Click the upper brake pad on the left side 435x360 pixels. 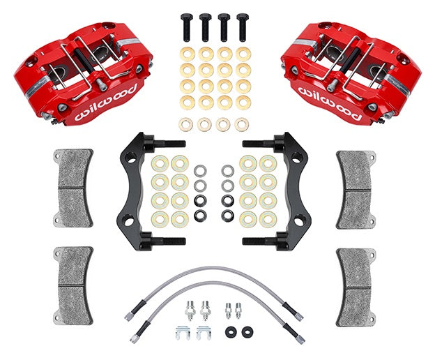73,188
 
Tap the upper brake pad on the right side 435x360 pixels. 359,188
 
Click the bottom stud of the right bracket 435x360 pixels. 261,241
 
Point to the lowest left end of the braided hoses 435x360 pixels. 133,339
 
